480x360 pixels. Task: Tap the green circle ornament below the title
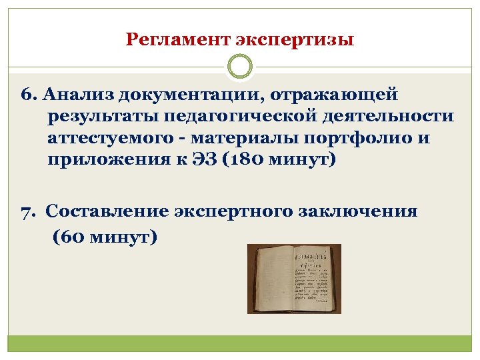[240, 67]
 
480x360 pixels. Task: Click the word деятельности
[391, 117]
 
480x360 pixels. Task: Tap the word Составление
[111, 212]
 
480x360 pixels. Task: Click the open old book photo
[294, 279]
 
